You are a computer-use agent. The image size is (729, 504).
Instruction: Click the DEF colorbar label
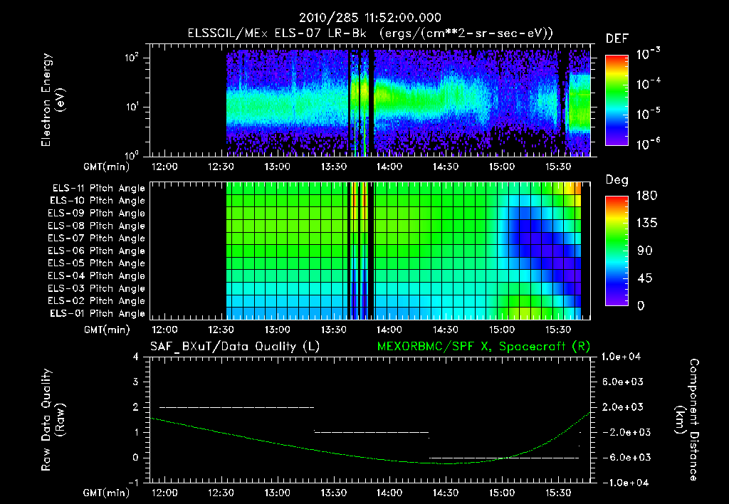tap(616, 39)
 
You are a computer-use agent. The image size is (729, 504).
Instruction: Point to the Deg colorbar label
tap(616, 181)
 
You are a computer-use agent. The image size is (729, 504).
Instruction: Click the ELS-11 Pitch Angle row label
tap(98, 189)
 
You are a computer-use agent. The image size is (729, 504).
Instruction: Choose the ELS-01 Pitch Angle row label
tap(98, 313)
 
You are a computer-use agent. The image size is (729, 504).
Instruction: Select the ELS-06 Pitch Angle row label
tap(98, 251)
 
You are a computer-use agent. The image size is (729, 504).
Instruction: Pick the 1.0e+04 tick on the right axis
tap(624, 357)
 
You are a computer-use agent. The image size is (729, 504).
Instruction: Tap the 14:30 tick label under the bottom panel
tap(445, 493)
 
